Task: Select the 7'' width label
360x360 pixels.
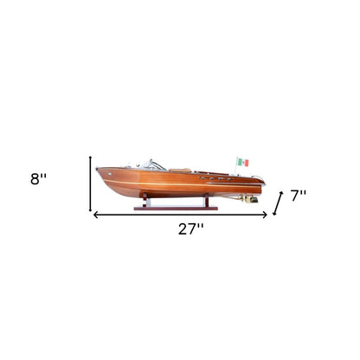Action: pyautogui.click(x=299, y=196)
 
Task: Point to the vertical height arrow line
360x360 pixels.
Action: pyautogui.click(x=91, y=183)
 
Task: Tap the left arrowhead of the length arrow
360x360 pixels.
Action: pyautogui.click(x=96, y=215)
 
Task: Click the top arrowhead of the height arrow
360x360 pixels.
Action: pyautogui.click(x=91, y=157)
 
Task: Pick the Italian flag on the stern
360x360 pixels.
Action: pyautogui.click(x=243, y=163)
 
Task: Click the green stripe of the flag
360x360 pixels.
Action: pyautogui.click(x=240, y=163)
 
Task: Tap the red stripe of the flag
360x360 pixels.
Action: pyautogui.click(x=247, y=163)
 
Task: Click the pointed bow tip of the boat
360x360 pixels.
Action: pyautogui.click(x=97, y=170)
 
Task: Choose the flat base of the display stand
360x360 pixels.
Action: pyautogui.click(x=177, y=208)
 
